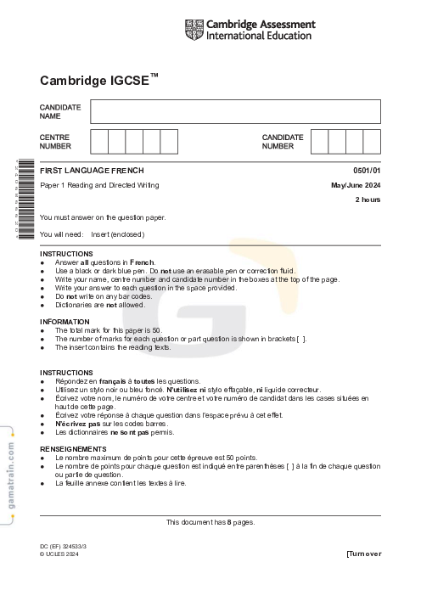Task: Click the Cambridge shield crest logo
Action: [x=194, y=30]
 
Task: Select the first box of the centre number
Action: [x=99, y=141]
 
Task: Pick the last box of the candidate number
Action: [x=372, y=141]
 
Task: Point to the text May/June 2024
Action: [x=356, y=185]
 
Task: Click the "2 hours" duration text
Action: [x=368, y=200]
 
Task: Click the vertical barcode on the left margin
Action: [x=25, y=200]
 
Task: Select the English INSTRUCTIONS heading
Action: [x=66, y=254]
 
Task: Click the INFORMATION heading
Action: [x=65, y=322]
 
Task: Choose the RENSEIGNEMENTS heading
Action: [x=73, y=448]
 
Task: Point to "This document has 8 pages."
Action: [x=210, y=522]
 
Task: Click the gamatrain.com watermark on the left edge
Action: [x=10, y=481]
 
